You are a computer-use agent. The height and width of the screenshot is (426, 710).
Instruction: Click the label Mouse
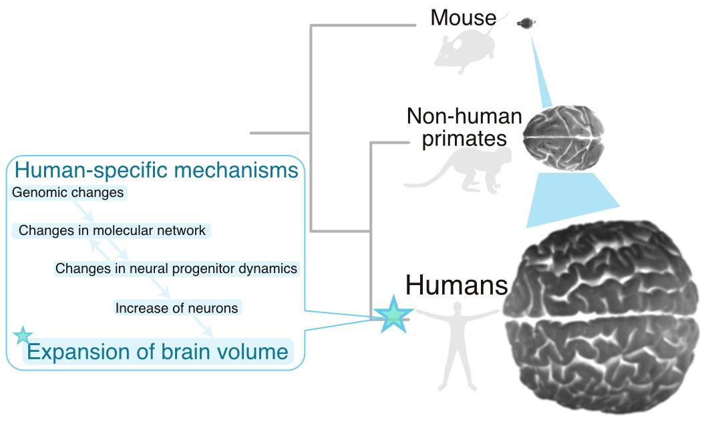click(464, 17)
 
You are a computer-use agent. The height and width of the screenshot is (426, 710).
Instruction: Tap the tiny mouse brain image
click(526, 23)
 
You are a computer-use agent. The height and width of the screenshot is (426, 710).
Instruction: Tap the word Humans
click(457, 286)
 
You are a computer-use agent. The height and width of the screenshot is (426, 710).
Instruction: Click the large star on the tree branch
click(393, 313)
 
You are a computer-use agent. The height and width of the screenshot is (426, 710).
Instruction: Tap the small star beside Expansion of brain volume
click(23, 336)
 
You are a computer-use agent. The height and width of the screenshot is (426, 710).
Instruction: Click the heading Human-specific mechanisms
click(156, 171)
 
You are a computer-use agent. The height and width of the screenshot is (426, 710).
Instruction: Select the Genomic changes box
click(68, 194)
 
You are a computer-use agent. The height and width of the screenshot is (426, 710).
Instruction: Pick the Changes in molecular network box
click(112, 231)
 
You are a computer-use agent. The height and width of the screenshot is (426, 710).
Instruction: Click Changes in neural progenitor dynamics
click(176, 268)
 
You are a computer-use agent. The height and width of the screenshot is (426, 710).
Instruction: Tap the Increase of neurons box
click(176, 308)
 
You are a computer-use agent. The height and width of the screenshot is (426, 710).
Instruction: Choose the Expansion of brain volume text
click(158, 351)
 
